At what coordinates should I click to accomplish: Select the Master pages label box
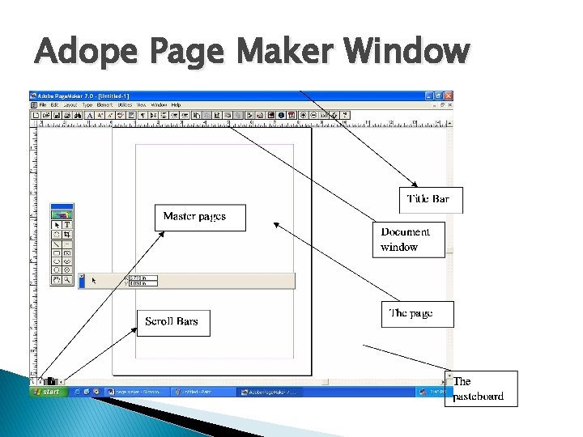pos(199,217)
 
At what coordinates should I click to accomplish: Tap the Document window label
pos(408,239)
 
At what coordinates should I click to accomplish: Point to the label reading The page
pos(416,313)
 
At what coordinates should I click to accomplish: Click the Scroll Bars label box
pos(172,322)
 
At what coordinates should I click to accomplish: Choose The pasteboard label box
pos(480,388)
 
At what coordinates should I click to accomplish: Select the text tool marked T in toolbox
pos(67,225)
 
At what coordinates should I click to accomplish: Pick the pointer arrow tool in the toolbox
pos(57,225)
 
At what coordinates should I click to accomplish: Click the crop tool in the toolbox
pos(67,235)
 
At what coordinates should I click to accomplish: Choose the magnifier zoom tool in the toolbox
pos(67,279)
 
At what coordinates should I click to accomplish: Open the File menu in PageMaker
pos(43,105)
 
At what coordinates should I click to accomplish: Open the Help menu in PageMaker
pos(176,105)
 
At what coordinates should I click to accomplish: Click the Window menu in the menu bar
pos(159,105)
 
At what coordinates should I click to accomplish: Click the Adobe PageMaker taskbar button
pos(270,392)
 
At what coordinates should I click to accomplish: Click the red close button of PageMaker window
pos(449,95)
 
